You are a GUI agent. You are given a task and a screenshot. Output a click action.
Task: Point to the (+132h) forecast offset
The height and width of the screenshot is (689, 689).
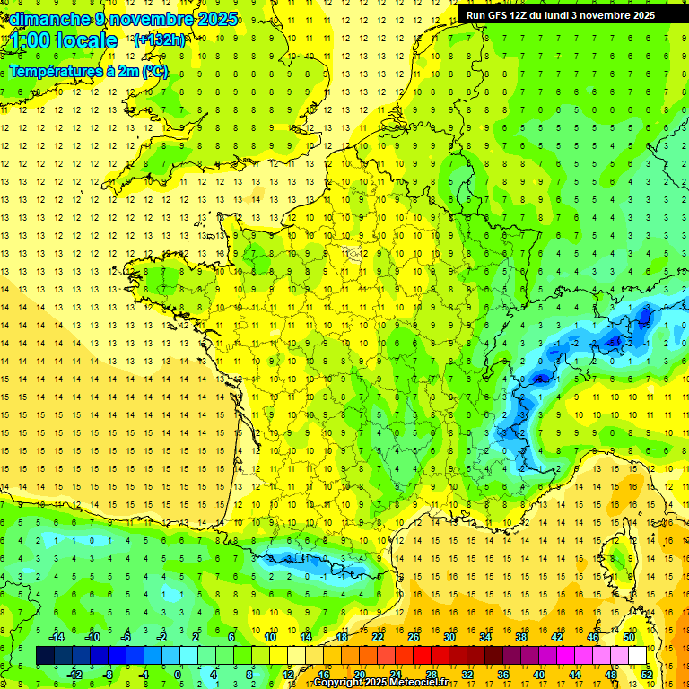(x=159, y=39)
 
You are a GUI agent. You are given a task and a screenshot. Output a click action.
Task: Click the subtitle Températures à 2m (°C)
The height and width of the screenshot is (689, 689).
(x=89, y=71)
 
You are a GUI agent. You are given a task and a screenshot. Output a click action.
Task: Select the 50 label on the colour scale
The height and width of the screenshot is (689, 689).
(x=628, y=636)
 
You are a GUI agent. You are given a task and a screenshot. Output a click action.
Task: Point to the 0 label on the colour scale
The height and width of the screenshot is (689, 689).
(x=178, y=674)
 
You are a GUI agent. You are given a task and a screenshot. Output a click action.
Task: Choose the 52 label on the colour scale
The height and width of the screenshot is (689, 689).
(x=646, y=674)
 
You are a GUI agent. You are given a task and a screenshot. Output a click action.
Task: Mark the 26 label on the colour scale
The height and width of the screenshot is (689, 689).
(x=414, y=636)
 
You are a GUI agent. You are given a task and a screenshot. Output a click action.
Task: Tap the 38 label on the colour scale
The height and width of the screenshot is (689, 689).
(x=521, y=636)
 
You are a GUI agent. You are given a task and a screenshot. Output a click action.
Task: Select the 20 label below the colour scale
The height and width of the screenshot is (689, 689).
(x=359, y=674)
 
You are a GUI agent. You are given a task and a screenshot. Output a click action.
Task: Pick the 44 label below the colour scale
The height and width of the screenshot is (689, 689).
(x=574, y=674)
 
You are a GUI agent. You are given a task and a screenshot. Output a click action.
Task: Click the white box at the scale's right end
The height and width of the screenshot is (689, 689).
(x=638, y=655)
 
